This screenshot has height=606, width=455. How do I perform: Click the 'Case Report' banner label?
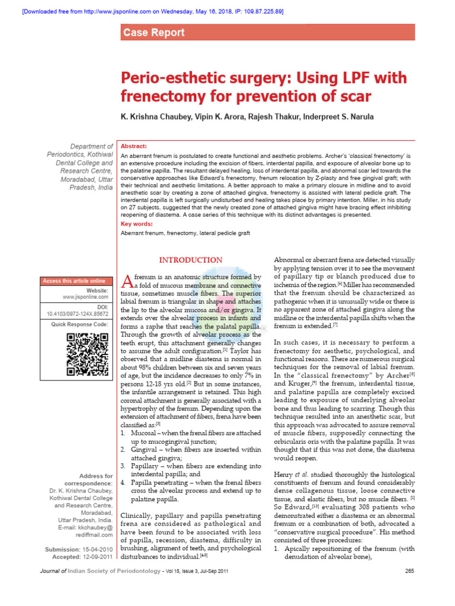click(153, 33)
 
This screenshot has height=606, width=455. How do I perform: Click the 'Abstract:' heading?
click(134, 146)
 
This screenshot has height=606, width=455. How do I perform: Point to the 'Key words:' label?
click(137, 224)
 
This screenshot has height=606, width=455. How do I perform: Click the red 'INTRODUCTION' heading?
click(190, 260)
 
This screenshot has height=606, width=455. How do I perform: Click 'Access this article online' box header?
click(74, 281)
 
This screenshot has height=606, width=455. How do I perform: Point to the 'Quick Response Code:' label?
click(79, 324)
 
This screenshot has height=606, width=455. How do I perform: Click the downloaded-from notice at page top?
click(144, 11)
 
